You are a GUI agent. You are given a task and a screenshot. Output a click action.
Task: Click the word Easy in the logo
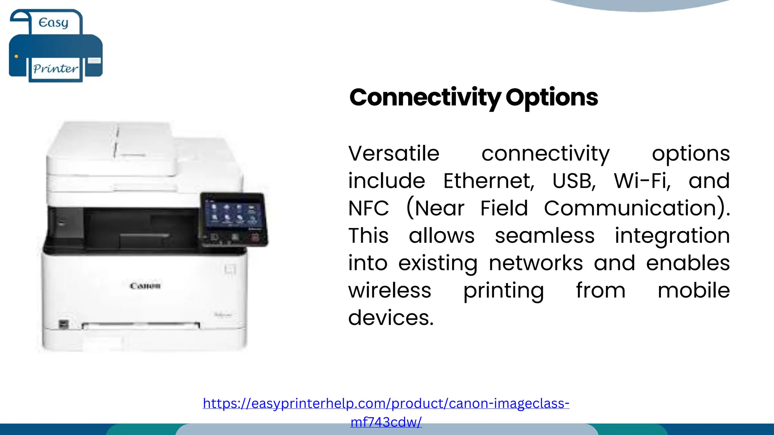click(53, 23)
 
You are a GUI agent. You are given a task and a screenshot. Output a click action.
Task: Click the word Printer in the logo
click(56, 69)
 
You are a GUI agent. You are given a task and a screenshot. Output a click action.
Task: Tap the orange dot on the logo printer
click(16, 57)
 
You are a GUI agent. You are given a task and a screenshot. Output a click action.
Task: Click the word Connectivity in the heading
click(425, 97)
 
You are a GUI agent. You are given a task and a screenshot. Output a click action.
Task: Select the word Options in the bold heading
click(551, 97)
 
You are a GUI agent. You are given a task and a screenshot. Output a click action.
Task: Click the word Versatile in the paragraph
click(393, 154)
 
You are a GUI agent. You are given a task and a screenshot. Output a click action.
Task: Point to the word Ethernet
click(489, 181)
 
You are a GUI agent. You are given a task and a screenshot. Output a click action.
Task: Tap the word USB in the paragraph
click(574, 181)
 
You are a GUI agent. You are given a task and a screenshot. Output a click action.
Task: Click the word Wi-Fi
click(642, 181)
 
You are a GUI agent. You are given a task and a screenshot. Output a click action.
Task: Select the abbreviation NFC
click(368, 208)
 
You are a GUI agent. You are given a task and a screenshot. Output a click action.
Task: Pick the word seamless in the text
click(545, 236)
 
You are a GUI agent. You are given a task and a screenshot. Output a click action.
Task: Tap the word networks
click(536, 263)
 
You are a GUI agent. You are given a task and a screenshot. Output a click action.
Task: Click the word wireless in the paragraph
click(390, 290)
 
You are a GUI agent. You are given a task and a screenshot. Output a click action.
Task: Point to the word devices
click(390, 318)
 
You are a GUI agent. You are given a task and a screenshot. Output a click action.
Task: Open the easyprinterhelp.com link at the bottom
click(386, 404)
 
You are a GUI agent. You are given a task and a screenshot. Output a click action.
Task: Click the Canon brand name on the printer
click(145, 286)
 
